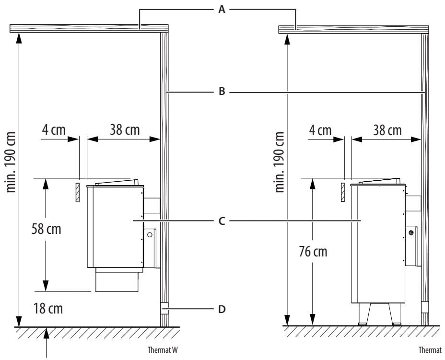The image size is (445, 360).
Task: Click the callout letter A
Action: tap(222, 10)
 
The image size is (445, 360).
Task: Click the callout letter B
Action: tap(222, 92)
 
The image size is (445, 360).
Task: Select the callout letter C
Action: tap(222, 221)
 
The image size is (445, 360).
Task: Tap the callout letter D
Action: tap(222, 309)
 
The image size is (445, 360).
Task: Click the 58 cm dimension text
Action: tap(46, 229)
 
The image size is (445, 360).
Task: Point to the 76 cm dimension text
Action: tap(313, 251)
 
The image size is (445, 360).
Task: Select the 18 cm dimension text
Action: tap(48, 308)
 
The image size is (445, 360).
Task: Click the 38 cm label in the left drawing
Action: tap(125, 130)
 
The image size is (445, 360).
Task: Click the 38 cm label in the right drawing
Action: tap(387, 130)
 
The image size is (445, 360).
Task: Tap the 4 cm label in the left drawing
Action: tap(54, 130)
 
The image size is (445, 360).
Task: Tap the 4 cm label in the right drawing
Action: tap(320, 130)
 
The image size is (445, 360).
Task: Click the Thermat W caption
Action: tap(163, 350)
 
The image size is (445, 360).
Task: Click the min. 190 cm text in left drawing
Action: tap(12, 162)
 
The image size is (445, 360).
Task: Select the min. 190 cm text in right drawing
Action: tap(279, 162)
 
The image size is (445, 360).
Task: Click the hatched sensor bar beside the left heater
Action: tap(78, 193)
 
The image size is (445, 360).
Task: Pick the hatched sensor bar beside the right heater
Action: tap(343, 192)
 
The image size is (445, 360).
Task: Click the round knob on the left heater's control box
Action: tap(150, 234)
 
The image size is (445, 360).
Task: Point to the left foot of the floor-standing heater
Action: tap(363, 314)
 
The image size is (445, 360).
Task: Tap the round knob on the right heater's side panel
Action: tap(411, 233)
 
